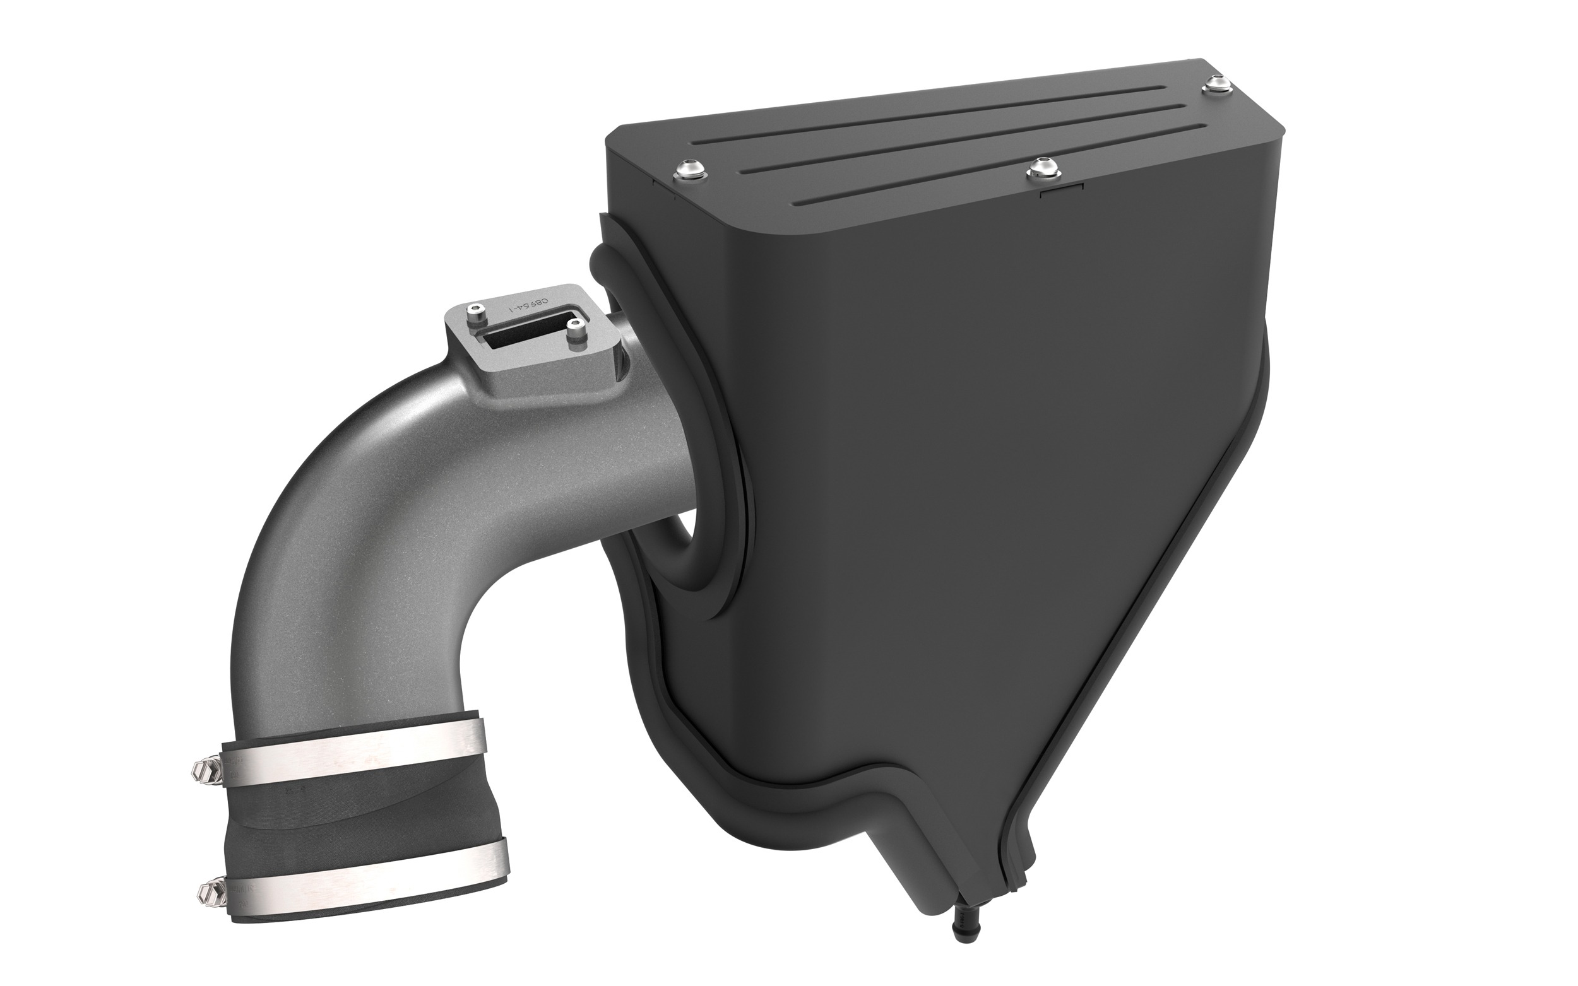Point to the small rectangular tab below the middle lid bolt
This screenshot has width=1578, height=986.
[1061, 191]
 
